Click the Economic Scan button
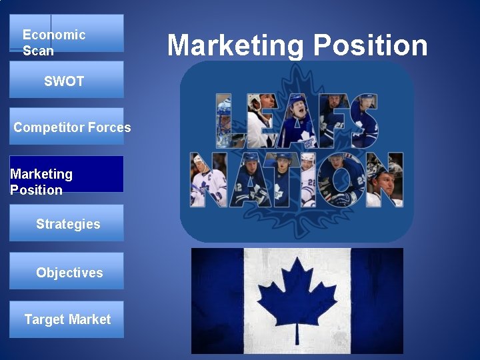coord(66,33)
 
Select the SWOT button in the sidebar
coord(66,80)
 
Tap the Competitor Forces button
coord(66,127)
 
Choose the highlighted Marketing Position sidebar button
coord(66,174)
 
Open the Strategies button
coord(66,223)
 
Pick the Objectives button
coord(66,271)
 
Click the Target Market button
coord(66,319)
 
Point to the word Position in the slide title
coord(371,45)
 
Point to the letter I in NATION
coord(307,180)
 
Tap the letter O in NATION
coord(340,180)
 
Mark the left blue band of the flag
coord(217,301)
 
